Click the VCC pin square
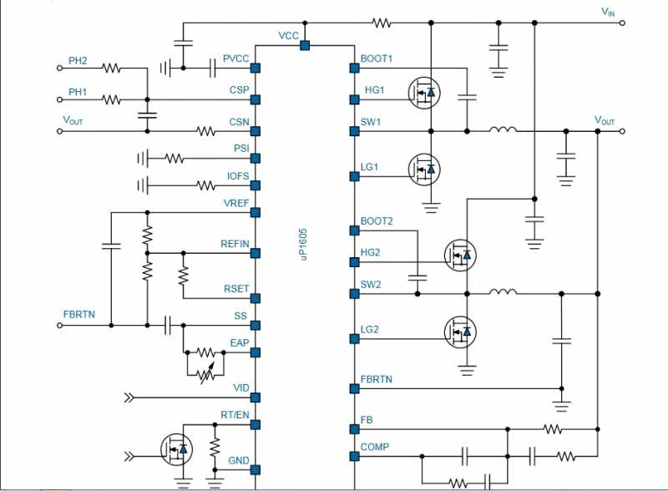[305, 45]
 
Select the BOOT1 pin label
[377, 58]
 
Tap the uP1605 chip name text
[303, 244]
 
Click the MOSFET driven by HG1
[424, 93]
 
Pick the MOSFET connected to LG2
[460, 332]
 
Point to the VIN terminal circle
[622, 23]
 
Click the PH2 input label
[78, 60]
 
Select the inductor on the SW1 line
[504, 129]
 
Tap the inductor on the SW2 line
[504, 292]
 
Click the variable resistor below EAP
[206, 374]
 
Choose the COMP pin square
[354, 457]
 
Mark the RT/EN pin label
[235, 415]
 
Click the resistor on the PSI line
[175, 159]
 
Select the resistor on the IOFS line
[205, 185]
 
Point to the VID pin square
[256, 397]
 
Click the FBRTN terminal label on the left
[79, 315]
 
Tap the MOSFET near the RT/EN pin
[176, 448]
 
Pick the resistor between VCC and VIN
[382, 23]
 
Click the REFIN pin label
[235, 244]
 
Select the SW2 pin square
[354, 294]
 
